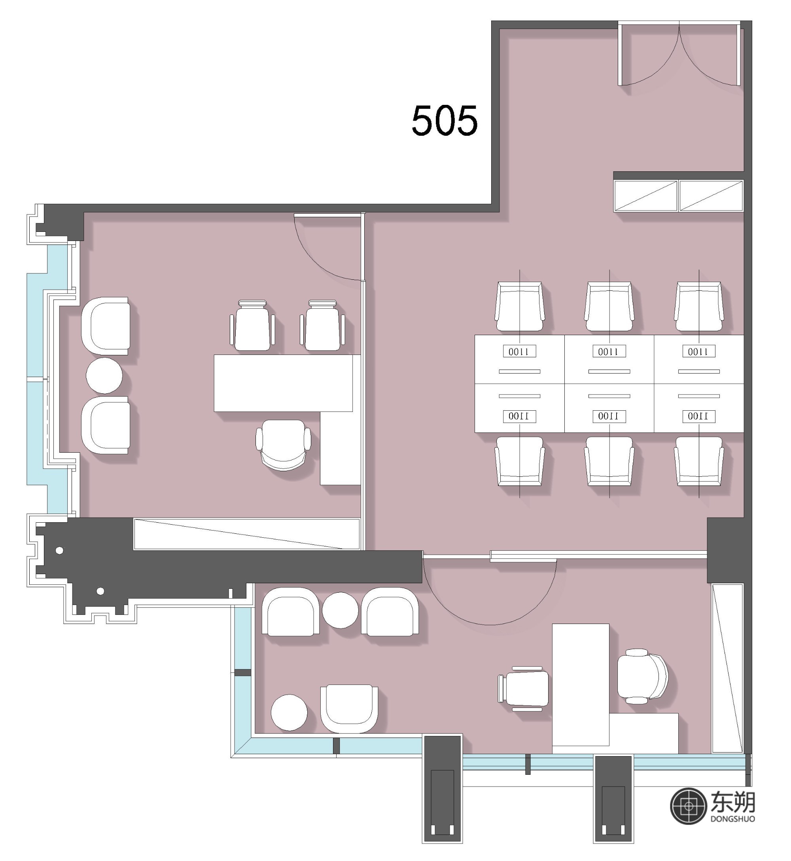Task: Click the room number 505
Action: [444, 121]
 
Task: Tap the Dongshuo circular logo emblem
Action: [688, 806]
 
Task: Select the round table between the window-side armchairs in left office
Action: [104, 376]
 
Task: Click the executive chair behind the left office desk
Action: [283, 444]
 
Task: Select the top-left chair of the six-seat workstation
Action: [520, 306]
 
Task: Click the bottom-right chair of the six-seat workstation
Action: [699, 461]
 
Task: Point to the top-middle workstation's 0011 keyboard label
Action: [609, 351]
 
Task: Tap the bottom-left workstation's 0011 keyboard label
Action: [519, 416]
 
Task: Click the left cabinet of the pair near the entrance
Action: [646, 195]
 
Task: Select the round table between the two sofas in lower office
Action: [340, 610]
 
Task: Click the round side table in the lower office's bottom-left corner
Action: [290, 713]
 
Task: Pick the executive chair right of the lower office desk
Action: [642, 677]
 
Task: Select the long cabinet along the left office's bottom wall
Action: [246, 533]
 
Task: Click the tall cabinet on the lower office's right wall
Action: [727, 668]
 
